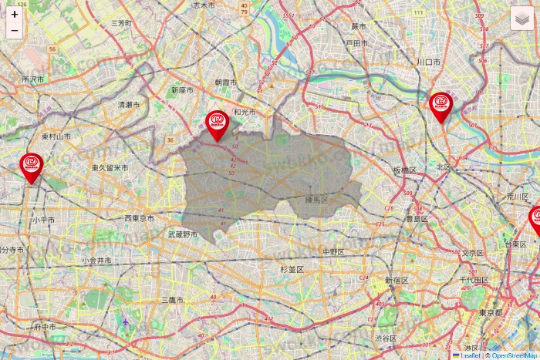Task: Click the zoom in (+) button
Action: coord(15,15)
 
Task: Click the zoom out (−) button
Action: coord(15,31)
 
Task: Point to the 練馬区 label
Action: coord(316,200)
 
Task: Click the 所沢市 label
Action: coord(33,79)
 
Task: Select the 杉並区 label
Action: coord(292,269)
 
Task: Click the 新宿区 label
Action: coord(400,280)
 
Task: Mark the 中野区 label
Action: coord(334,251)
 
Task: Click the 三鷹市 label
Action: coord(172,299)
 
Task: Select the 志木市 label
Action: coord(203,5)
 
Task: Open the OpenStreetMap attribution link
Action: coord(515,355)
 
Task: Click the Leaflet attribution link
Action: coord(470,355)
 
